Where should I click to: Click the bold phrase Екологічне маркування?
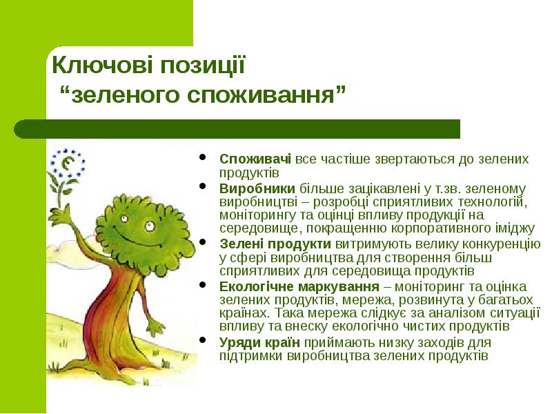pos(299,286)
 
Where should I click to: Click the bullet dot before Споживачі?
pos(202,158)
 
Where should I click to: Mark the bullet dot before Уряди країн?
pos(202,341)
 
